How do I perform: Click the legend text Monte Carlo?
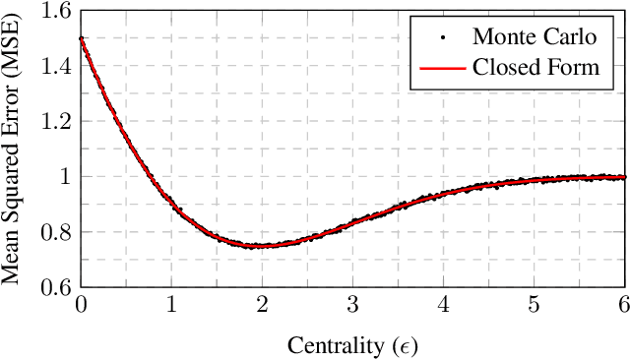(534, 37)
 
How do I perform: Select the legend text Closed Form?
(535, 68)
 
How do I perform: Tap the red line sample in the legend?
(442, 69)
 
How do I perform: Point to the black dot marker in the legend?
(442, 38)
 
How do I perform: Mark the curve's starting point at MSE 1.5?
(81, 39)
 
